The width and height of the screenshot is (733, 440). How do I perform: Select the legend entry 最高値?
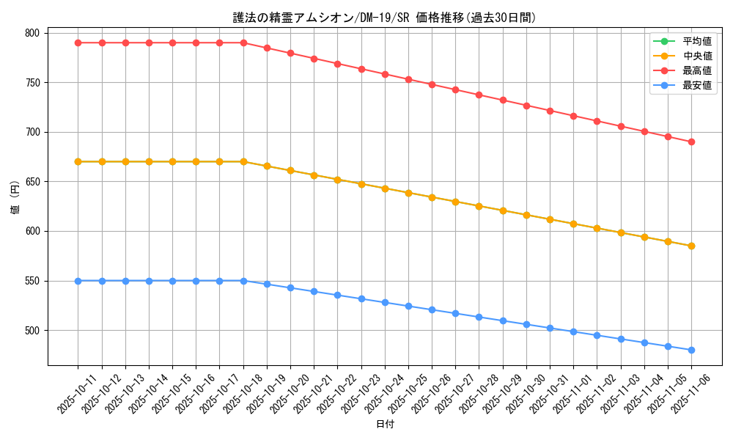point(696,70)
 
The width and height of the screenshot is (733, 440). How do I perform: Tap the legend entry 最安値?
point(696,85)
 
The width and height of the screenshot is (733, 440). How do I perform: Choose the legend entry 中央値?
point(696,56)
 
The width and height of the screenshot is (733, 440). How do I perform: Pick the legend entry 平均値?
point(696,41)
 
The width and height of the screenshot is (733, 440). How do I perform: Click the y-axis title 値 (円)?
point(15,199)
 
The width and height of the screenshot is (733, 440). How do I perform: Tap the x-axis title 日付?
point(385,425)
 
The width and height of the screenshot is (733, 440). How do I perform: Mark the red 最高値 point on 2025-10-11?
point(78,43)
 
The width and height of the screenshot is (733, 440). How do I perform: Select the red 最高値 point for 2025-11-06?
point(691,142)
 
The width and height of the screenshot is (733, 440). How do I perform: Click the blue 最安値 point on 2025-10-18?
point(243,281)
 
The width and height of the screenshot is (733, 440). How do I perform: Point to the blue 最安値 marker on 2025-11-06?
point(691,350)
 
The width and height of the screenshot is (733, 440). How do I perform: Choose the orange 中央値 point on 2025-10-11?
point(78,161)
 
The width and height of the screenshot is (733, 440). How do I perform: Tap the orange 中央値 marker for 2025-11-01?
point(573,224)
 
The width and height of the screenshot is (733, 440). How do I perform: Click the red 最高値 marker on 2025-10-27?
point(455,89)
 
